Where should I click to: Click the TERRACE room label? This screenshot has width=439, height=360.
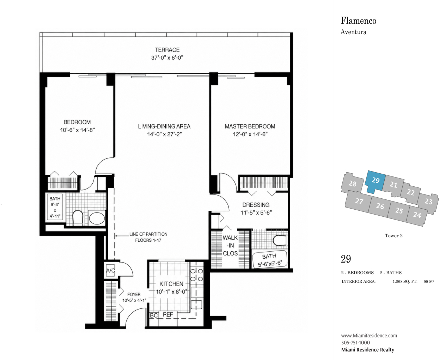[167, 50]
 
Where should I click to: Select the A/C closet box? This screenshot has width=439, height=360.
[110, 270]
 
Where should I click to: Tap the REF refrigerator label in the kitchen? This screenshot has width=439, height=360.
[168, 314]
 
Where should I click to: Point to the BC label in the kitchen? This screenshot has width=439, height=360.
[154, 316]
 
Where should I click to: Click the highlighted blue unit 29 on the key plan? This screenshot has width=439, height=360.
[375, 181]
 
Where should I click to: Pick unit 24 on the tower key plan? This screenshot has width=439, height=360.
[417, 215]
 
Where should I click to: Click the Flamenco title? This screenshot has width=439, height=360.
[359, 21]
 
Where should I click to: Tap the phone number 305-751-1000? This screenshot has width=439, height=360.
[355, 343]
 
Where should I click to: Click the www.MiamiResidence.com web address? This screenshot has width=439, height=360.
[369, 336]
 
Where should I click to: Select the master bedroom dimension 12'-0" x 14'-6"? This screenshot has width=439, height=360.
[250, 134]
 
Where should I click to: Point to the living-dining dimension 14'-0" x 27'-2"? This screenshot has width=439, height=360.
[164, 134]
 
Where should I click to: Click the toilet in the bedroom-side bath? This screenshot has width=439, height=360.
[78, 218]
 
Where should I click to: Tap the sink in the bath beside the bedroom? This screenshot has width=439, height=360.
[97, 218]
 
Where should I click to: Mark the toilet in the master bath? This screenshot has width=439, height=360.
[280, 240]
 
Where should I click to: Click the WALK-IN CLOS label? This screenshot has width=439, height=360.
[230, 246]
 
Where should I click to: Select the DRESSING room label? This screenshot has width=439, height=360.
[256, 205]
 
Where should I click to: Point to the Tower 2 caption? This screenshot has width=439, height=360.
[394, 236]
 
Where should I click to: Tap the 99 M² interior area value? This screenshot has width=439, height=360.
[429, 282]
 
